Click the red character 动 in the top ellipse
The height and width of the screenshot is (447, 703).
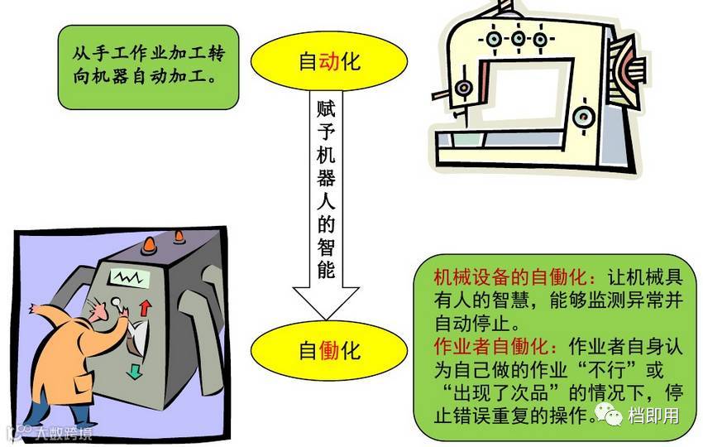(329, 61)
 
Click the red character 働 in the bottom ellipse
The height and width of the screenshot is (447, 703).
(329, 350)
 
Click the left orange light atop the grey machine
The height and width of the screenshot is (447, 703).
(150, 244)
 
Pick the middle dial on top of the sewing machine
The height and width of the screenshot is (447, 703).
(519, 38)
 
